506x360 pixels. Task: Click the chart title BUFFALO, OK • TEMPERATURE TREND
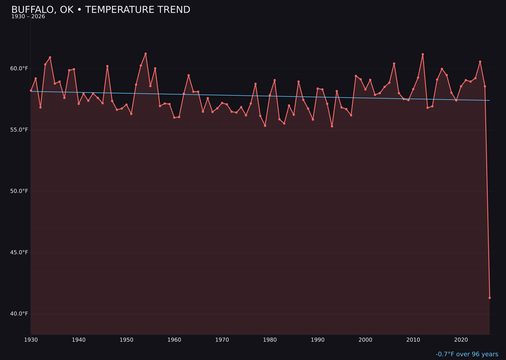[101, 10]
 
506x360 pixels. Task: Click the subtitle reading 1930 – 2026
[28, 17]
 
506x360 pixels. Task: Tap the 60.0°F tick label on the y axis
[19, 68]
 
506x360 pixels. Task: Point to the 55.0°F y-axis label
[19, 130]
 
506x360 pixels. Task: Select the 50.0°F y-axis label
[19, 191]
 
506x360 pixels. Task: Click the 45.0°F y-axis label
[19, 253]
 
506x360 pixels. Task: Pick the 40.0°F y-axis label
[19, 314]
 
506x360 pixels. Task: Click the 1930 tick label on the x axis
[31, 340]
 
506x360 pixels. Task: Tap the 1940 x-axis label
[79, 340]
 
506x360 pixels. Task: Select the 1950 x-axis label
[126, 340]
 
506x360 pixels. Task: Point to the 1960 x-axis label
[174, 340]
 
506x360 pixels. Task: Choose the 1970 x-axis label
[222, 340]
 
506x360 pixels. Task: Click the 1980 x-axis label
[270, 340]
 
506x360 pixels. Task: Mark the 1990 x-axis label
[318, 340]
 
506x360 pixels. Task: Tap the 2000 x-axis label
[365, 340]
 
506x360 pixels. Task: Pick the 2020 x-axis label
[461, 340]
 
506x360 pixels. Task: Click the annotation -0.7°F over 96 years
[467, 354]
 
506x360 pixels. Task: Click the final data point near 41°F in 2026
[490, 298]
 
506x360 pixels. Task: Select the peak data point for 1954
[146, 54]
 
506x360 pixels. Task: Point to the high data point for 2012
[423, 54]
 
